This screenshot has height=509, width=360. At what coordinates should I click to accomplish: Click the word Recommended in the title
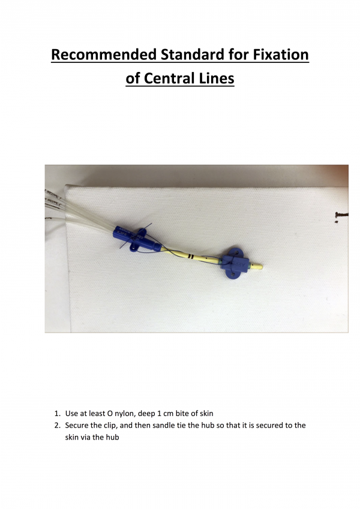[100, 55]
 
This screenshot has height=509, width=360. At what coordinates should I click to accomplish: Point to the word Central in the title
[169, 78]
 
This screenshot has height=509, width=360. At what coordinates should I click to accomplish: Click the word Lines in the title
[215, 78]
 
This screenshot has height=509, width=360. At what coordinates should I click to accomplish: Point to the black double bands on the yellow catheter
[190, 255]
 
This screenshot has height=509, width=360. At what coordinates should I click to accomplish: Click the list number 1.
[56, 414]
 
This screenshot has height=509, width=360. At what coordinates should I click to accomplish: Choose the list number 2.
[57, 425]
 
